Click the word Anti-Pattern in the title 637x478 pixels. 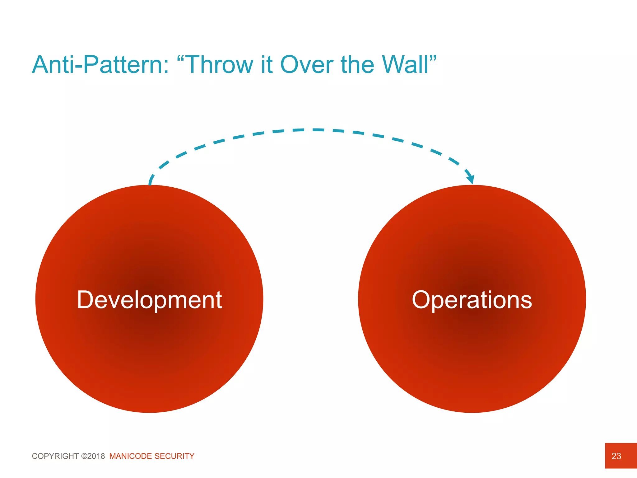pos(96,65)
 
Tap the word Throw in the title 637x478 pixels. pos(220,65)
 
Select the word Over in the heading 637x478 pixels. pos(307,65)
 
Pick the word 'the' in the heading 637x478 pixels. pos(357,65)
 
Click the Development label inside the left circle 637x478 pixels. pos(149,300)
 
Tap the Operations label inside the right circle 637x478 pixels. pos(472,300)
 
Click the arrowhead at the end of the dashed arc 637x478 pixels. pos(471,179)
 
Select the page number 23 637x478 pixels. pos(616,456)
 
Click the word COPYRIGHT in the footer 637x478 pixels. pos(55,456)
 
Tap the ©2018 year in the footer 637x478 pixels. pos(93,456)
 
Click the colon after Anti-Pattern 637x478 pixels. pos(166,67)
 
